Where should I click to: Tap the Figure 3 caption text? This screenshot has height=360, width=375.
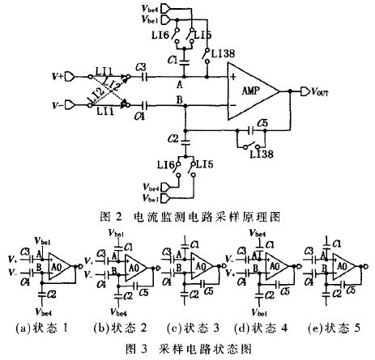(x=187, y=350)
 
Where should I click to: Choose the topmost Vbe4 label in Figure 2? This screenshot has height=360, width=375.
(x=150, y=7)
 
